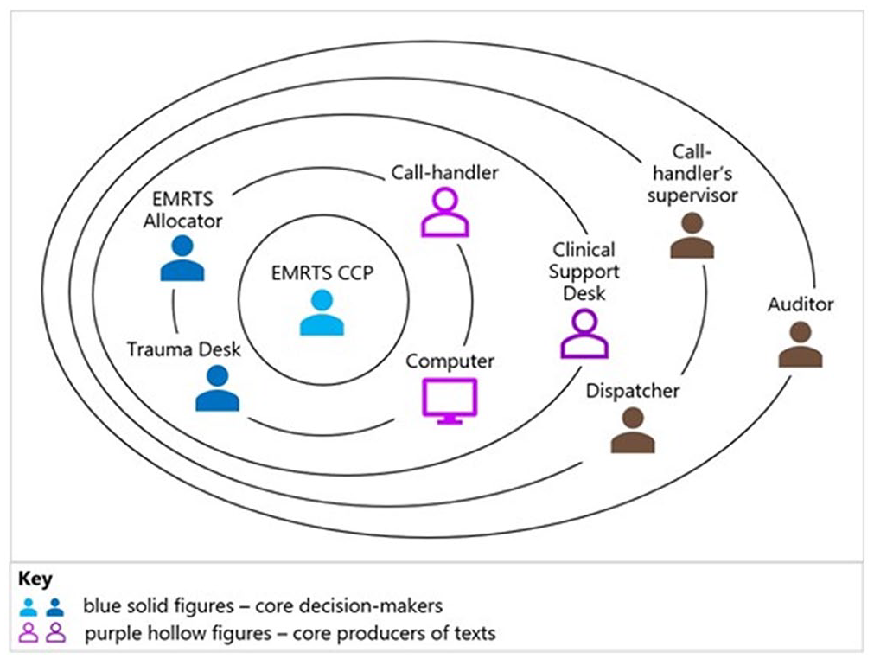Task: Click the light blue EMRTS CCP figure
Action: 322,313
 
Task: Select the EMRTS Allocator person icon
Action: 182,258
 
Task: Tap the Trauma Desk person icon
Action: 217,388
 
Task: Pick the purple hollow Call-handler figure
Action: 445,213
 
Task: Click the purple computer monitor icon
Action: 450,401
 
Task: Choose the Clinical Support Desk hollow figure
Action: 584,334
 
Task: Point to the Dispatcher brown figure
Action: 633,430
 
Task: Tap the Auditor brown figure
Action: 801,344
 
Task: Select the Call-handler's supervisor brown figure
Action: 692,236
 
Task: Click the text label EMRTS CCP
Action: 322,273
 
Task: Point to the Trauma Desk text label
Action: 184,349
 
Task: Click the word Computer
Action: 450,361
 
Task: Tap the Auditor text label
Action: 801,304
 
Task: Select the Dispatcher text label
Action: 633,391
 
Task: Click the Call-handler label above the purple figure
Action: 445,173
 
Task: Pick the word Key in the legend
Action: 35,579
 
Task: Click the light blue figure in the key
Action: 29,607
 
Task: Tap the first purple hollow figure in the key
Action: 29,633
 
